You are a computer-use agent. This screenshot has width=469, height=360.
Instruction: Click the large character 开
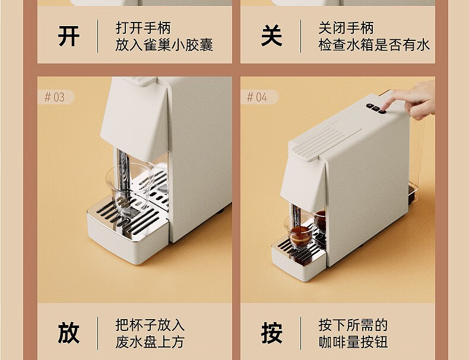pyautogui.click(x=69, y=36)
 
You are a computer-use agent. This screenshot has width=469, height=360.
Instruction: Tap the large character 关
pyautogui.click(x=271, y=36)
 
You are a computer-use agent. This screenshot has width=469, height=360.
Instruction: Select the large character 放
pyautogui.click(x=69, y=333)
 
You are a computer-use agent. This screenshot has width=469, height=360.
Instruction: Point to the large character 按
pyautogui.click(x=271, y=333)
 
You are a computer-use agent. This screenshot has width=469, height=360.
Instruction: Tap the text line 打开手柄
pyautogui.click(x=143, y=28)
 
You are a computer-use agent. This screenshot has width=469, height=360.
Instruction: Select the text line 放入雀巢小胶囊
pyautogui.click(x=164, y=45)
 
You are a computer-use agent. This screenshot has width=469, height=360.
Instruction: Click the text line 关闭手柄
pyautogui.click(x=346, y=28)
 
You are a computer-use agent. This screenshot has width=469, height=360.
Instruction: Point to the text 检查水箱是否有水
pyautogui.click(x=374, y=45)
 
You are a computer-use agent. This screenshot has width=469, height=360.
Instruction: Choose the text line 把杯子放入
pyautogui.click(x=150, y=325)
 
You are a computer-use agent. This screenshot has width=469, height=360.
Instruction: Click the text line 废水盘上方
pyautogui.click(x=150, y=342)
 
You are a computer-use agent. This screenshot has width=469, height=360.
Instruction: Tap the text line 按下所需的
pyautogui.click(x=353, y=325)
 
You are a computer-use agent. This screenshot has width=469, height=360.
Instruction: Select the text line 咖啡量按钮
pyautogui.click(x=353, y=342)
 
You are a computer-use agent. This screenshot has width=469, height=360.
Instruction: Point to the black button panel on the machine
pyautogui.click(x=376, y=108)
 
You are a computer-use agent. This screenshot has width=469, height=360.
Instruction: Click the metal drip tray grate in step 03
pyautogui.click(x=129, y=218)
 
